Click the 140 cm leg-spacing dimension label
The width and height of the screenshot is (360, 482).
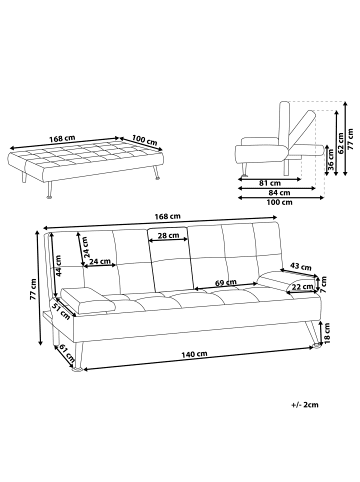(194, 354)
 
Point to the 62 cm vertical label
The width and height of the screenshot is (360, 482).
(341, 143)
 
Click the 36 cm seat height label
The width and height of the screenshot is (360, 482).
(331, 160)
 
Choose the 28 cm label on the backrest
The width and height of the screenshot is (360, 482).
(168, 235)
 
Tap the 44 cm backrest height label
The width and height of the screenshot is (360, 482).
(59, 266)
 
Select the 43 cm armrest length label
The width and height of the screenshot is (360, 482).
(301, 267)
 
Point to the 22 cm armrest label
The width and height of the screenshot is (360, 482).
(303, 286)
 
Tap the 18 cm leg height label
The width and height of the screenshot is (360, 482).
(327, 333)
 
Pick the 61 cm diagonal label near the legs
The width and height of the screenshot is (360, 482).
(67, 354)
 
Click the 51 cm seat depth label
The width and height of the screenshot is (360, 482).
(61, 310)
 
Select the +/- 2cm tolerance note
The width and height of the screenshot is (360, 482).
(305, 405)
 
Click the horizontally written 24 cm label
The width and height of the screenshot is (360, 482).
(100, 261)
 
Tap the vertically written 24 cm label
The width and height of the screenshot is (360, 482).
(86, 247)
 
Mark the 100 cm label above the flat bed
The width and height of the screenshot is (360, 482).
(144, 140)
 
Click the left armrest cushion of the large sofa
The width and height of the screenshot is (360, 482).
(88, 300)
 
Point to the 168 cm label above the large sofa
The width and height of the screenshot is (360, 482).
(167, 216)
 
